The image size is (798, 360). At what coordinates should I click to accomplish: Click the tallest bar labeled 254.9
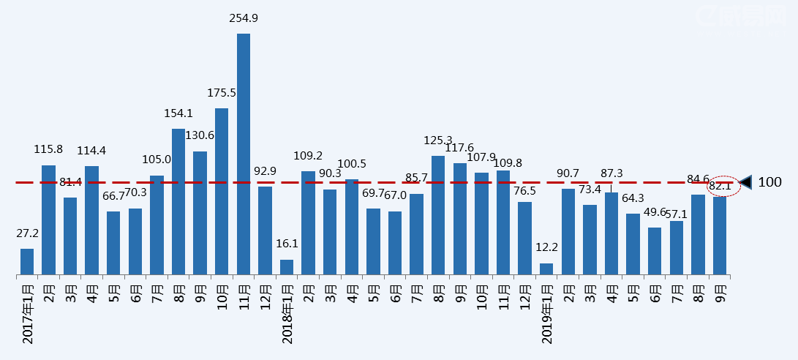click(x=244, y=154)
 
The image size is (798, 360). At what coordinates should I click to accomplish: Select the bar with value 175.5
click(x=222, y=192)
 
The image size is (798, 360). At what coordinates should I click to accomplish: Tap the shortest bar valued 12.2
click(x=546, y=269)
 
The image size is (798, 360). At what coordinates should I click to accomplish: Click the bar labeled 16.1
click(x=287, y=267)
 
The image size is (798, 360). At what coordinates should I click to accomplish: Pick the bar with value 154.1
click(x=178, y=202)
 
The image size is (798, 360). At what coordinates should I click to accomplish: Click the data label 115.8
click(x=48, y=149)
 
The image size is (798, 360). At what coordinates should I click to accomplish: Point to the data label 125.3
click(x=438, y=140)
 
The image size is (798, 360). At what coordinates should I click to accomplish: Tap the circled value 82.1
click(x=720, y=187)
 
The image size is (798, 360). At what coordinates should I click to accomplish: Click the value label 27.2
click(x=27, y=233)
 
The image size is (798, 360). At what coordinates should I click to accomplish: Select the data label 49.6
click(x=655, y=212)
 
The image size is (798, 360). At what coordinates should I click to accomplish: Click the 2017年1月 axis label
click(x=28, y=314)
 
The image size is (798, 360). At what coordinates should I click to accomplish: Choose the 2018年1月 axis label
click(x=287, y=314)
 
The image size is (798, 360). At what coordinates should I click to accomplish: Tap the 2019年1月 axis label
click(x=547, y=314)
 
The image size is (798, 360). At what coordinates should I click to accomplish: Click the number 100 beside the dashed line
click(x=769, y=182)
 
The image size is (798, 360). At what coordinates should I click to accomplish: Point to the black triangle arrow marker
click(x=746, y=182)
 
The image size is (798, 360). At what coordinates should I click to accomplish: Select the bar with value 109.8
click(x=503, y=223)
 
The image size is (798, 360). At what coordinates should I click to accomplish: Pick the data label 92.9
click(x=265, y=171)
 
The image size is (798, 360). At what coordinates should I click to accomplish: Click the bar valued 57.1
click(x=677, y=248)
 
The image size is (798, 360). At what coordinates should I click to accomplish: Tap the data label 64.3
click(x=633, y=198)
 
